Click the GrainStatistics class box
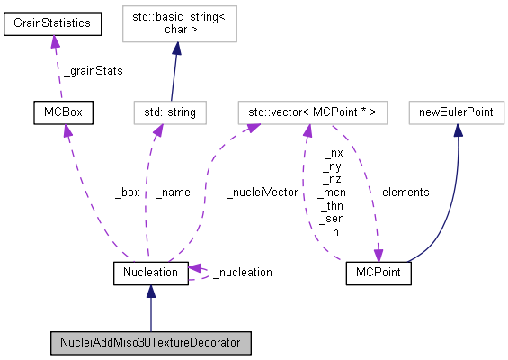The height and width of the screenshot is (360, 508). point(52,23)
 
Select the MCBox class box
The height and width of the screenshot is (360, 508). point(63,112)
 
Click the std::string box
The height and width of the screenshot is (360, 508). point(168,112)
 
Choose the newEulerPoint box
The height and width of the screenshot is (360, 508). point(458,112)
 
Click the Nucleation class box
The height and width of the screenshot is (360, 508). point(150,271)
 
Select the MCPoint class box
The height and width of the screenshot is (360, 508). point(378,271)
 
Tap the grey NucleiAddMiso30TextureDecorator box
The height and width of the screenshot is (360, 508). point(150,342)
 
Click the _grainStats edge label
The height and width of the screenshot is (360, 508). point(93,70)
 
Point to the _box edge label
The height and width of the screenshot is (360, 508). point(127,192)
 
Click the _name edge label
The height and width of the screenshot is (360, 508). point(172,192)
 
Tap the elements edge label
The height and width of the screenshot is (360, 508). point(405,192)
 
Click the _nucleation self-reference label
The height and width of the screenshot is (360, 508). point(242,271)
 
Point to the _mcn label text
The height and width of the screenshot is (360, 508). point(334,192)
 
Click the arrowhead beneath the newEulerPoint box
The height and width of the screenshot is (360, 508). point(458,130)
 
